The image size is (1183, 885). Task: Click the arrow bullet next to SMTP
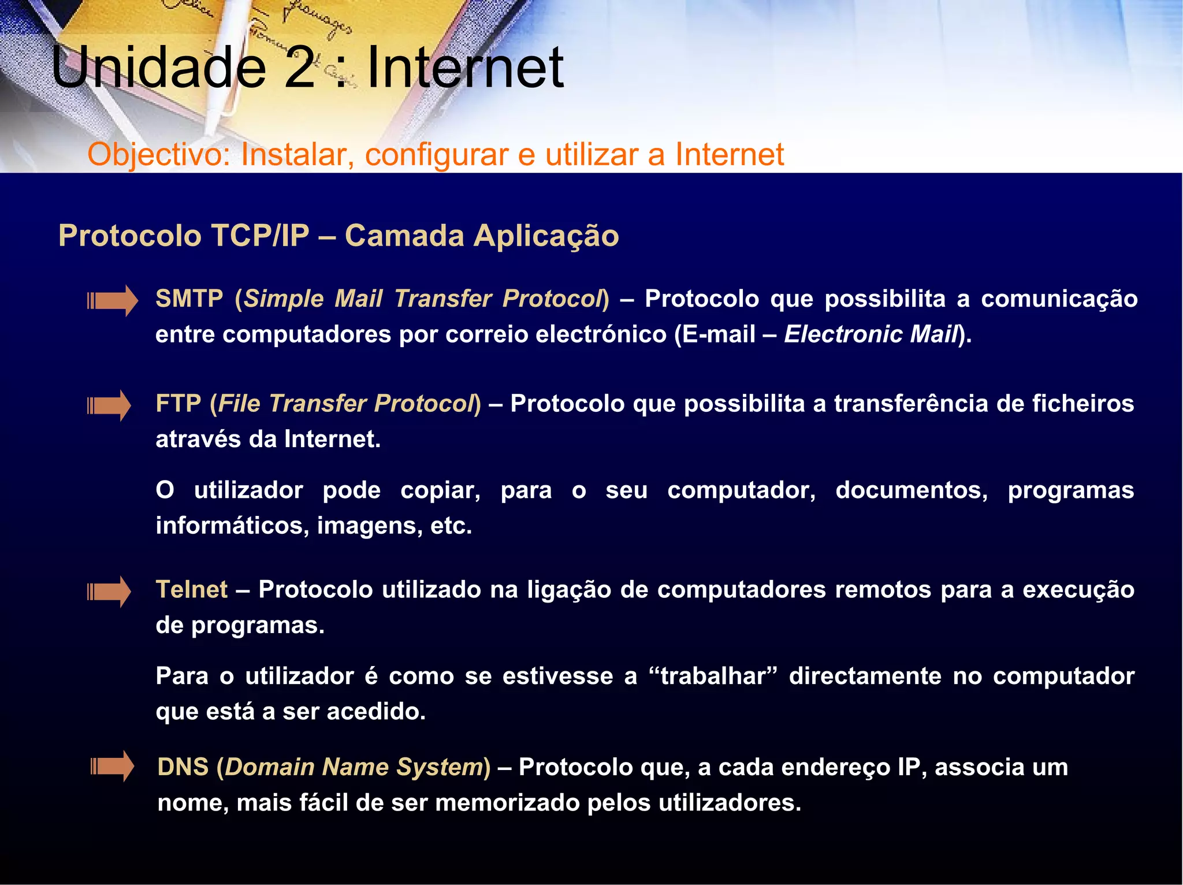click(x=113, y=300)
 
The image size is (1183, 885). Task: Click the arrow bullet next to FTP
click(x=109, y=406)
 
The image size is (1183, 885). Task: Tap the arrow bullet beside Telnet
click(x=109, y=592)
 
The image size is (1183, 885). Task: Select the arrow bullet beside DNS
click(x=113, y=767)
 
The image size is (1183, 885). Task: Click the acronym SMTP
click(x=189, y=299)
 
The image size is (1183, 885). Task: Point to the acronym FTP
click(x=178, y=404)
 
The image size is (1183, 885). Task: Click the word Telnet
click(x=192, y=590)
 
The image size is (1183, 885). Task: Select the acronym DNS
click(x=183, y=767)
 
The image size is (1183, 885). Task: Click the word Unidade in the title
click(x=159, y=68)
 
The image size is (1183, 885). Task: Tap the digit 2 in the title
click(x=300, y=68)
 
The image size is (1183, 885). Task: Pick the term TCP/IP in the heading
click(x=261, y=236)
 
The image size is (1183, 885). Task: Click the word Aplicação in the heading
click(x=546, y=236)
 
